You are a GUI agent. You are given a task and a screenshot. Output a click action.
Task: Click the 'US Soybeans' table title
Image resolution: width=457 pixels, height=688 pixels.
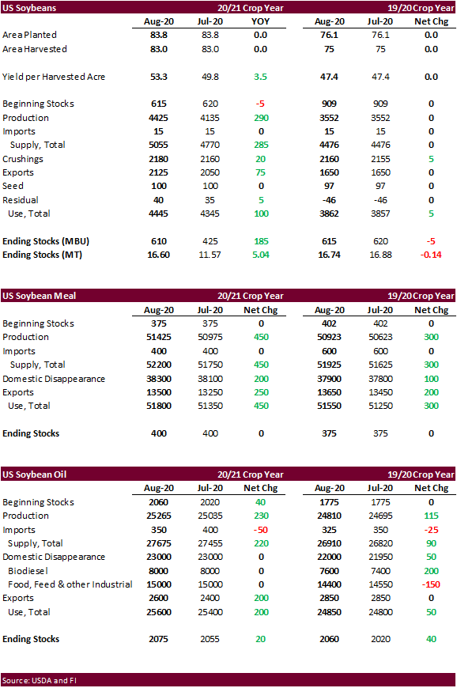[29, 8]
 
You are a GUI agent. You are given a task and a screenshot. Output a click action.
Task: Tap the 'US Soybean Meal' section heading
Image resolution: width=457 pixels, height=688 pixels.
[39, 296]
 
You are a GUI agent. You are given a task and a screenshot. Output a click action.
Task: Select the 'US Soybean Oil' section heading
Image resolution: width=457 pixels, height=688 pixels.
[34, 474]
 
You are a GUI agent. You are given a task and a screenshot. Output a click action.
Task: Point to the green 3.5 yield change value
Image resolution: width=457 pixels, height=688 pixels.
[260, 77]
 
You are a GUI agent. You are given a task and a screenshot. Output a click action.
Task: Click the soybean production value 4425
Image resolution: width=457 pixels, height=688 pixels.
[158, 118]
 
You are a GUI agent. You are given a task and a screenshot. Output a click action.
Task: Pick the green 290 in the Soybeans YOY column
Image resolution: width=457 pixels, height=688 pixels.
[261, 118]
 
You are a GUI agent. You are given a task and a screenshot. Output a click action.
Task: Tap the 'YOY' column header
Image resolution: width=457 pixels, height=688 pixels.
[260, 21]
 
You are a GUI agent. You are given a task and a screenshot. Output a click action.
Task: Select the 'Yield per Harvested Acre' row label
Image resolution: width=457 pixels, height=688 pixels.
[54, 77]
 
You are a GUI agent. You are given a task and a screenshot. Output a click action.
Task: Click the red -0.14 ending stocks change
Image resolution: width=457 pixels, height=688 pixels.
[431, 255]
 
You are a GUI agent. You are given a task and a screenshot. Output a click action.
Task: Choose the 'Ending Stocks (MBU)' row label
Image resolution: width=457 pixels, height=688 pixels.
[46, 241]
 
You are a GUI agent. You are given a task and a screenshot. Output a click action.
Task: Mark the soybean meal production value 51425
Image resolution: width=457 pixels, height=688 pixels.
[159, 337]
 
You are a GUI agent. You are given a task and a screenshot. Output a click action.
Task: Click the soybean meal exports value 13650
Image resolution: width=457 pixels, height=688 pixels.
[329, 392]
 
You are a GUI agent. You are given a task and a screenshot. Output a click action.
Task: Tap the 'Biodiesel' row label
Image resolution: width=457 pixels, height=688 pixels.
[28, 571]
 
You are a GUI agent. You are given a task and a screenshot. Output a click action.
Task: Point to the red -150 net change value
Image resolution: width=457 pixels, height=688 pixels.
[431, 584]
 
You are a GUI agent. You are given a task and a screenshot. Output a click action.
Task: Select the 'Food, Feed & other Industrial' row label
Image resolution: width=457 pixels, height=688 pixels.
[70, 584]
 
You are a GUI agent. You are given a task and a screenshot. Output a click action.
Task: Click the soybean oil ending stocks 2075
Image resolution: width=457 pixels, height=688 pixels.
[158, 639]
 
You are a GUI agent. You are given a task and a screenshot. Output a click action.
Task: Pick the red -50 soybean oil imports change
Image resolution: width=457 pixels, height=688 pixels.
[260, 530]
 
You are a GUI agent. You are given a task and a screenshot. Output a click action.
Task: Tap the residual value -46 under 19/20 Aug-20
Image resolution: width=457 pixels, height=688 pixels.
[329, 200]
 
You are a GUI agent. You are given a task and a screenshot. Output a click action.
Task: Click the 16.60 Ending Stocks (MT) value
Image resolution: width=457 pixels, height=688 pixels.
[158, 255]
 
